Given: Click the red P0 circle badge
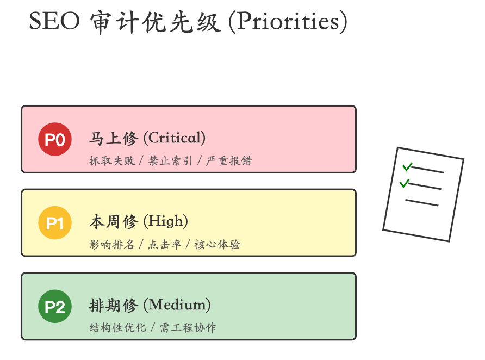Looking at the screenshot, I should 55,140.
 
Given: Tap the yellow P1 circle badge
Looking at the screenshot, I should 55,224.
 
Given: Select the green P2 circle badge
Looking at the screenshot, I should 55,307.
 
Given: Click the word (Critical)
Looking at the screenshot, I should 174,138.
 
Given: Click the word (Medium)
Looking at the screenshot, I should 177,305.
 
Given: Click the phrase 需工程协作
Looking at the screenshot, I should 188,328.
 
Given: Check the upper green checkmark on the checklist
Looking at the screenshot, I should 407,166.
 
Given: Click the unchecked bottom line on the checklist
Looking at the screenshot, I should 421,203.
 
